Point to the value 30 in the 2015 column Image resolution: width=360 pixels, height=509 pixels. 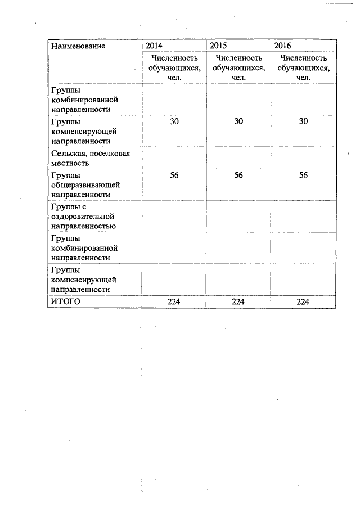(238, 121)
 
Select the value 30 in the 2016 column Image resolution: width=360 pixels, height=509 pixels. (303, 121)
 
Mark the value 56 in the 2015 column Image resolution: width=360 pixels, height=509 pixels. (238, 175)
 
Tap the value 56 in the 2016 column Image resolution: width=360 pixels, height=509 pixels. (303, 175)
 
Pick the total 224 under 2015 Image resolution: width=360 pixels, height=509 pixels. (238, 302)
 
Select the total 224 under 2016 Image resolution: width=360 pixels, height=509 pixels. (303, 302)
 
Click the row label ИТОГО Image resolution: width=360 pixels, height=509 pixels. (66, 302)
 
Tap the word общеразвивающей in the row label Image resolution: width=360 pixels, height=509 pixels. (85, 184)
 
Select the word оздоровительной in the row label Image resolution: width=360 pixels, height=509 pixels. (83, 216)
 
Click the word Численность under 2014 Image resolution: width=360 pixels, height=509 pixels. (174, 57)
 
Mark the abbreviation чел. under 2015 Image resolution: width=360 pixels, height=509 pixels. (238, 77)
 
